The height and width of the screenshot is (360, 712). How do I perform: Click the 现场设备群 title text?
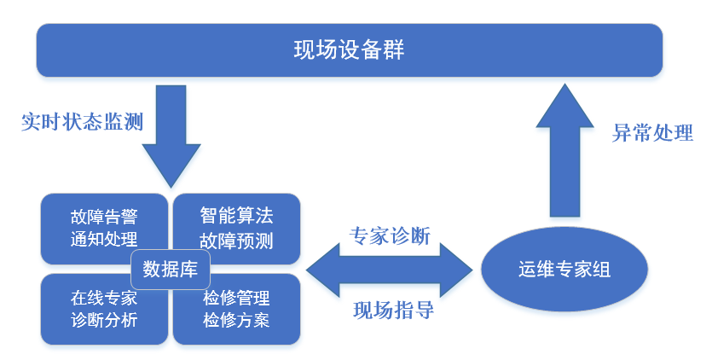point(349,49)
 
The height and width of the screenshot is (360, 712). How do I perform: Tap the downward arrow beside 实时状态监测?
point(171,136)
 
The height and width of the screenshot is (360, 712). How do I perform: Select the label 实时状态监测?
point(82,122)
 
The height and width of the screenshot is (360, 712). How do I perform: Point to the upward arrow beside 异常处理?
point(564,150)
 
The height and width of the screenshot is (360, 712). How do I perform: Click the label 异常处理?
point(652,133)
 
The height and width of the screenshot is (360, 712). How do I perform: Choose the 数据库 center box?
point(171,269)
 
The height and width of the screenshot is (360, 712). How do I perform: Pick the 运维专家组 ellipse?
point(564,269)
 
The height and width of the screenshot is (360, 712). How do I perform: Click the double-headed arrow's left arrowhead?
point(323,270)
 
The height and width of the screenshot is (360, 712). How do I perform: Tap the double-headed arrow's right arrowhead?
point(456,270)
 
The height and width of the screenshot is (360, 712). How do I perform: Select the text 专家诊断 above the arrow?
point(390,236)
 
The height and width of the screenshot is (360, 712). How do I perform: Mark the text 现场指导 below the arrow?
point(394,311)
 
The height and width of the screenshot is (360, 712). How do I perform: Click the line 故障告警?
point(104,217)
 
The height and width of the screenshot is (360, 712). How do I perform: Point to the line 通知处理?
point(104,239)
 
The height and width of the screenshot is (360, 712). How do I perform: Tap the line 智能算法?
point(236,216)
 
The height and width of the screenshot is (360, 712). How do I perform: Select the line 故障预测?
point(236,241)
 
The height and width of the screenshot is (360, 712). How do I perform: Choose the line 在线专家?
point(104,299)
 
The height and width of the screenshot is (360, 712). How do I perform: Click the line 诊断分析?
point(104,320)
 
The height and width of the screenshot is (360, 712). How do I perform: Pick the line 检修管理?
point(236,299)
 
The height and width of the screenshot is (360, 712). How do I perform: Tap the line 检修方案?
point(236,320)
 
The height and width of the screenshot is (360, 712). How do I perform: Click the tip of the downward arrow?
point(171,188)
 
